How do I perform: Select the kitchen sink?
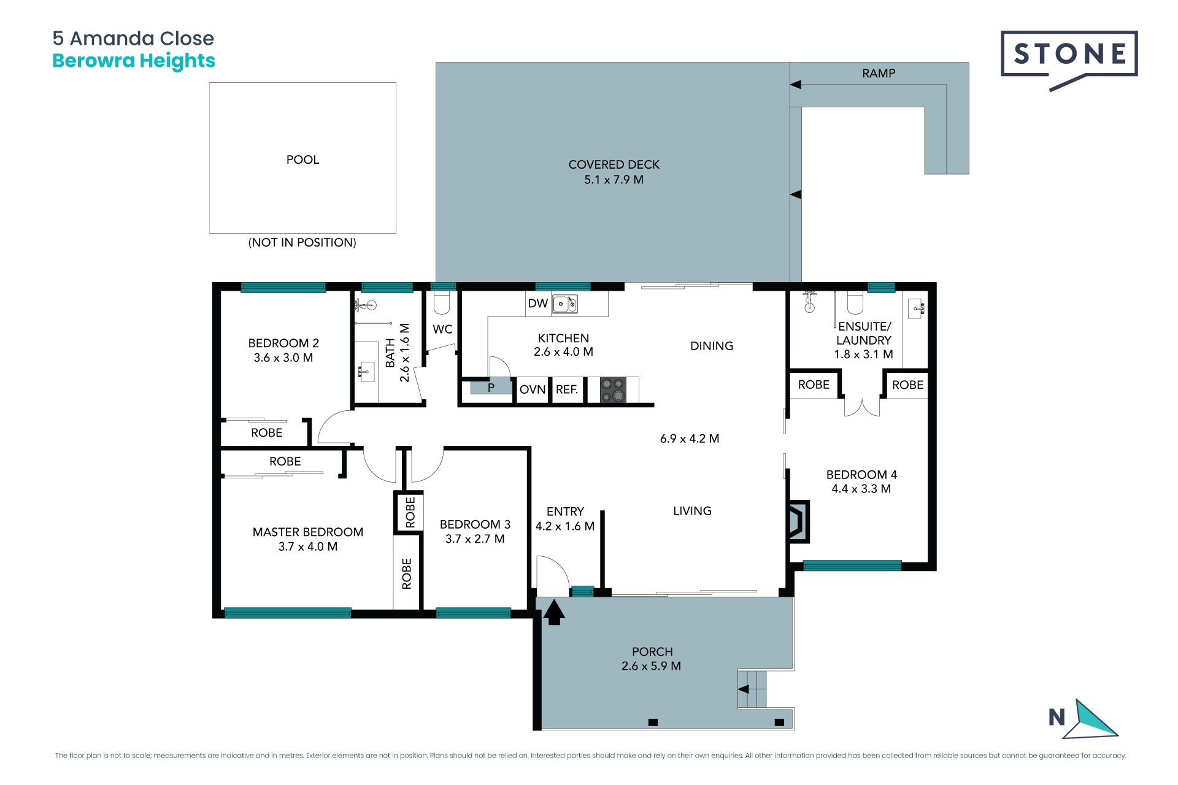(x=564, y=304)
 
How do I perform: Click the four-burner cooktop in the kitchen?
(x=613, y=390)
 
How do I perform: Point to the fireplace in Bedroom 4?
(x=798, y=521)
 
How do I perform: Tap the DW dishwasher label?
(x=537, y=303)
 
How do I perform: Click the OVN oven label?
(x=533, y=389)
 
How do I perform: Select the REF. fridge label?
(x=567, y=389)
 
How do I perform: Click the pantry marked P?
(x=491, y=387)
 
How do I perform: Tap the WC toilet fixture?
(x=442, y=302)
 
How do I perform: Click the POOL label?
(x=302, y=159)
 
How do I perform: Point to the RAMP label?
(x=879, y=74)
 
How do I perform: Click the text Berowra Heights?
(x=134, y=61)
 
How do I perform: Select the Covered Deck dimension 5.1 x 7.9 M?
(x=614, y=180)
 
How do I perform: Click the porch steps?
(x=752, y=689)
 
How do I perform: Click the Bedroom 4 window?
(x=852, y=565)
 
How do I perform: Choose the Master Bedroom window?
(x=288, y=613)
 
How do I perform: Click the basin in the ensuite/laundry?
(x=916, y=308)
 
